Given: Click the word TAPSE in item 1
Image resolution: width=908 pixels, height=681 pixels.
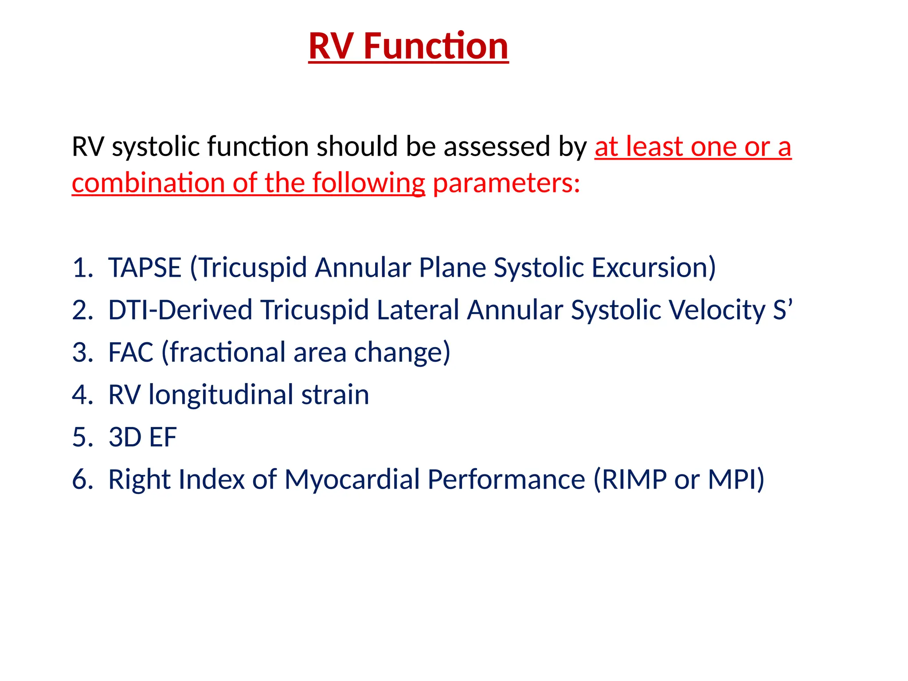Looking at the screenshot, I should click(145, 268).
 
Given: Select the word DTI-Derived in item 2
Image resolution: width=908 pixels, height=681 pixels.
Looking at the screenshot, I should click(180, 310).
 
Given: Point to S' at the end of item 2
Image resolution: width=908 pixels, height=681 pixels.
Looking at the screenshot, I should click(783, 310).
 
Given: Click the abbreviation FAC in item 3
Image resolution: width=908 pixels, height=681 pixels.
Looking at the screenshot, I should click(131, 352).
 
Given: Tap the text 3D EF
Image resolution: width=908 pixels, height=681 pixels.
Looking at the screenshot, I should click(142, 437).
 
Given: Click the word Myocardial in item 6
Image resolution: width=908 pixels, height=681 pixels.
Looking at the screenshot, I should click(352, 480).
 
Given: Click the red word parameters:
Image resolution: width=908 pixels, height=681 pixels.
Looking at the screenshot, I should click(506, 183).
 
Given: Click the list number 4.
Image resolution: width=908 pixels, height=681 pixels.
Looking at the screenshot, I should click(82, 395).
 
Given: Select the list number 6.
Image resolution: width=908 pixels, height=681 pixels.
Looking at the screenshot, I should click(82, 480).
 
